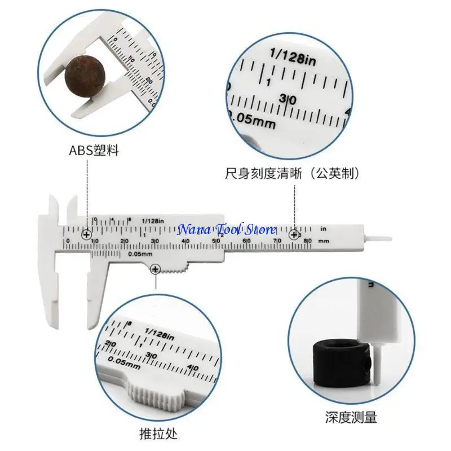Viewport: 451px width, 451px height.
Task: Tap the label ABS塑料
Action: coord(94,151)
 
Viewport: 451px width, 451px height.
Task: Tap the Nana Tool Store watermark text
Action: coord(227,229)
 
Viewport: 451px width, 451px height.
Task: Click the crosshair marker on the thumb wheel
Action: coord(155,271)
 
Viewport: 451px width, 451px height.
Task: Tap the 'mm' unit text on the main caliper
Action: coord(323,241)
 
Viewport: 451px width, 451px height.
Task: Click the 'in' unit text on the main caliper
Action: coord(323,229)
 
